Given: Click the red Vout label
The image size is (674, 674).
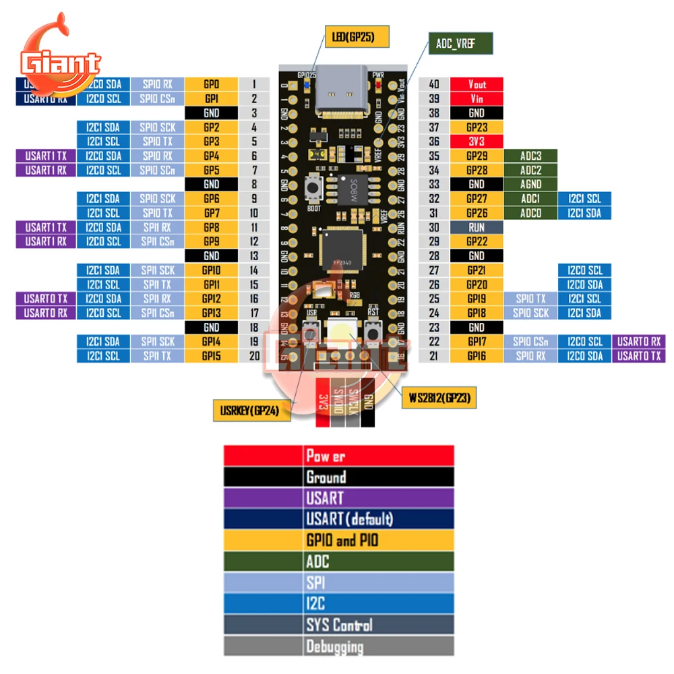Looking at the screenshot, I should point(477,84).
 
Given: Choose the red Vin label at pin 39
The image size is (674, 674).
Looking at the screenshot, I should point(477,98).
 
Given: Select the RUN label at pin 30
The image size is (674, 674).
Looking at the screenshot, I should point(477,228).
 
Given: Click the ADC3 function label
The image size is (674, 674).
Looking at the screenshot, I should point(530,156).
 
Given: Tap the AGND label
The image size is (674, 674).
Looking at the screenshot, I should point(530,184).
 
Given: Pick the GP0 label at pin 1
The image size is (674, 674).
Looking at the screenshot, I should point(212,84).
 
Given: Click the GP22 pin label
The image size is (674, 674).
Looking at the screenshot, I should point(477,242).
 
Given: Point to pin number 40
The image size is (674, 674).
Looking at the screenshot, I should point(434,84).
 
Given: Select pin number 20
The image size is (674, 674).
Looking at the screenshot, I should point(254,356).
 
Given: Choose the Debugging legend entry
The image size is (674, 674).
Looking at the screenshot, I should point(339,647).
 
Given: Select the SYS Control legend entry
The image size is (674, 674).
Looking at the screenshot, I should point(339,625).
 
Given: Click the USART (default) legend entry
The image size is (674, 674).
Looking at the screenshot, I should point(339,519).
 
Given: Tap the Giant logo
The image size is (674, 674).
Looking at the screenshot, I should point(61,61).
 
